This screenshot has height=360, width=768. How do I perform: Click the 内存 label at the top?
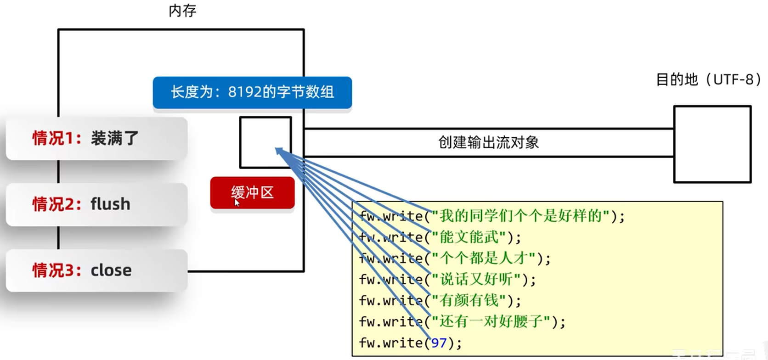coord(182,11)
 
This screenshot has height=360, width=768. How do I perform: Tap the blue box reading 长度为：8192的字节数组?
coord(252,92)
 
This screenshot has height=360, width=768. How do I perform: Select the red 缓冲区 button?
coord(252,192)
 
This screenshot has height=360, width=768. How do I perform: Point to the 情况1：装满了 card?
coord(96,138)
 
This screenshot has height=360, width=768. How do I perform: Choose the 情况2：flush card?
coord(96,204)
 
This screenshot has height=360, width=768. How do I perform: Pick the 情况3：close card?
coord(96,270)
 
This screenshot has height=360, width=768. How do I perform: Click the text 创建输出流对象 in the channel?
coord(488,143)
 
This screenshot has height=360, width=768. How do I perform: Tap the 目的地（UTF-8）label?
coord(708,80)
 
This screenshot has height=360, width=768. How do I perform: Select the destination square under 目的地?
coord(712,144)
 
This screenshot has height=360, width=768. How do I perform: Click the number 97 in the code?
coord(439,343)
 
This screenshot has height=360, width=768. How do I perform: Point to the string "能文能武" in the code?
coord(469,237)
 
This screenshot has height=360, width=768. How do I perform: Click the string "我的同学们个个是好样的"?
coord(520,216)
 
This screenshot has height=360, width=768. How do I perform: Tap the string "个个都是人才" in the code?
coord(483,259)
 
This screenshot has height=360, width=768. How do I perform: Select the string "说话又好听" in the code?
coord(476,280)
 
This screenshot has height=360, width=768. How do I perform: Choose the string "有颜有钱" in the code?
coord(469,301)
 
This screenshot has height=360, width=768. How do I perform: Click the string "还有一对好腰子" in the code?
coord(491,322)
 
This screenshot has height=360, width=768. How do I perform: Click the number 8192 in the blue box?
coord(244,92)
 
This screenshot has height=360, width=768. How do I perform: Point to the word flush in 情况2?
coord(110,204)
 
